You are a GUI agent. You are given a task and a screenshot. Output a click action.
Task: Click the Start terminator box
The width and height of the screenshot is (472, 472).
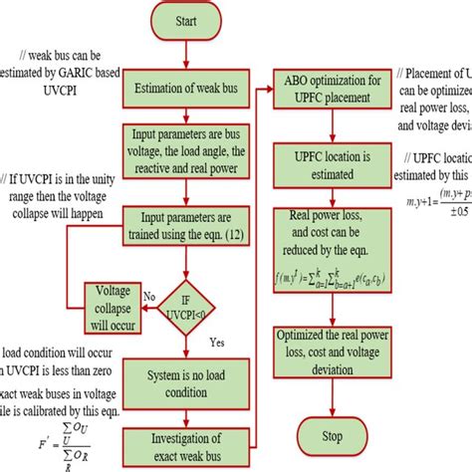point(187,21)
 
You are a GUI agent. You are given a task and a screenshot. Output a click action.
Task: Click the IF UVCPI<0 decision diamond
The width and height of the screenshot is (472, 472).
point(185,301)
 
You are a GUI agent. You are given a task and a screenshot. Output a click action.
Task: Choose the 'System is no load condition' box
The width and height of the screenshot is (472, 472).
point(185,376)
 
